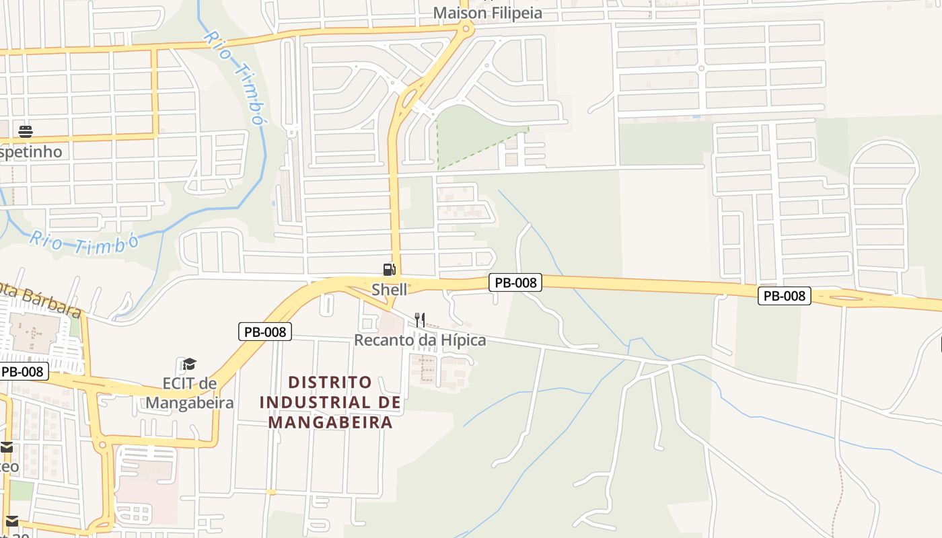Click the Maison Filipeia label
487,13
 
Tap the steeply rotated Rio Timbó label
233,76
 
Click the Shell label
389,290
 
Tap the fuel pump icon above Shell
389,270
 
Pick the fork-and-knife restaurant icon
419,319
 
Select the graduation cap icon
189,364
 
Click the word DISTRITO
330,383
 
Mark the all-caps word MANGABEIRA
330,423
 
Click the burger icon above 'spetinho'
26,131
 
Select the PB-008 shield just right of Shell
515,283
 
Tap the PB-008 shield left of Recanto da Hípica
264,332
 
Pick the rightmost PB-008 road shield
784,296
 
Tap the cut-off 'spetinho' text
30,152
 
